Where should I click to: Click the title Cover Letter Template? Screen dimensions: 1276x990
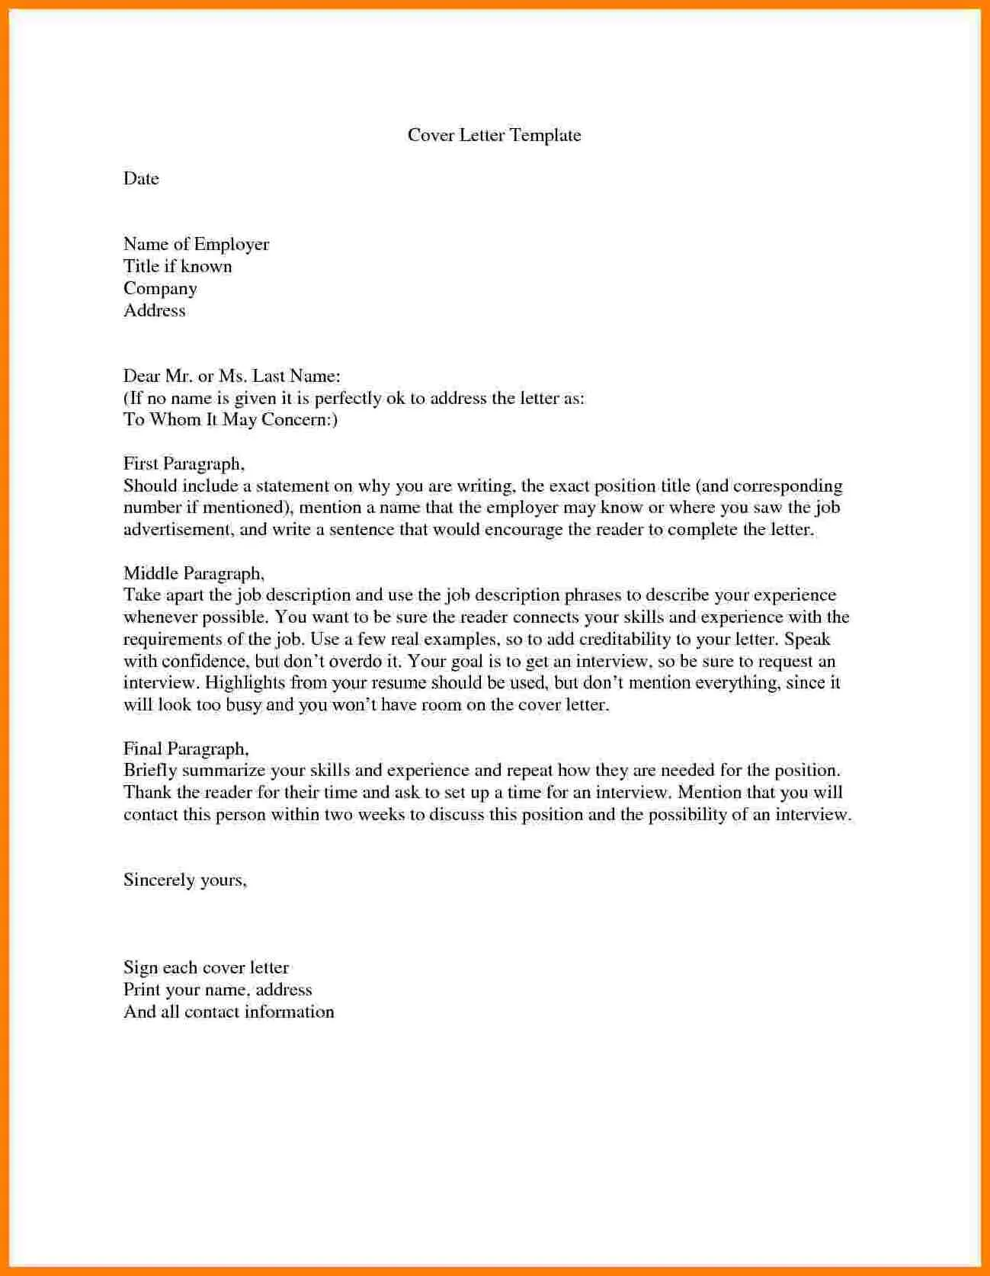point(494,136)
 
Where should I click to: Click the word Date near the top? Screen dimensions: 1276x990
point(141,179)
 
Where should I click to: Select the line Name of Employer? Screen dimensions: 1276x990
point(196,245)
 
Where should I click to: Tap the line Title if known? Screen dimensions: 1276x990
point(178,267)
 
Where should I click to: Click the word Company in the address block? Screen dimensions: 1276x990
point(160,289)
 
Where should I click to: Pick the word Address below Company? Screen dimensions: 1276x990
point(154,311)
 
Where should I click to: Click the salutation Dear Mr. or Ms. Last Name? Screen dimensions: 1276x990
point(231,377)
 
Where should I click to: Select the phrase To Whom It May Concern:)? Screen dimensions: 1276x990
point(230,420)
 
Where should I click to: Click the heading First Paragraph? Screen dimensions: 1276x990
point(184,464)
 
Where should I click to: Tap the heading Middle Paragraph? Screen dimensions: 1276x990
point(194,574)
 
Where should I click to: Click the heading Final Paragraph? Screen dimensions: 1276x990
point(186,749)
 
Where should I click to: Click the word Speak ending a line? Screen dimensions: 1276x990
point(807,640)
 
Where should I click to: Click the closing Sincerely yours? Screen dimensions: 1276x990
point(185,880)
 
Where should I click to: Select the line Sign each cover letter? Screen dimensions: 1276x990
point(206,968)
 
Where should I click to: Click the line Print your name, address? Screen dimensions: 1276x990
point(217,990)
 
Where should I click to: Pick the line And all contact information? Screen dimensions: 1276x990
point(229,1012)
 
